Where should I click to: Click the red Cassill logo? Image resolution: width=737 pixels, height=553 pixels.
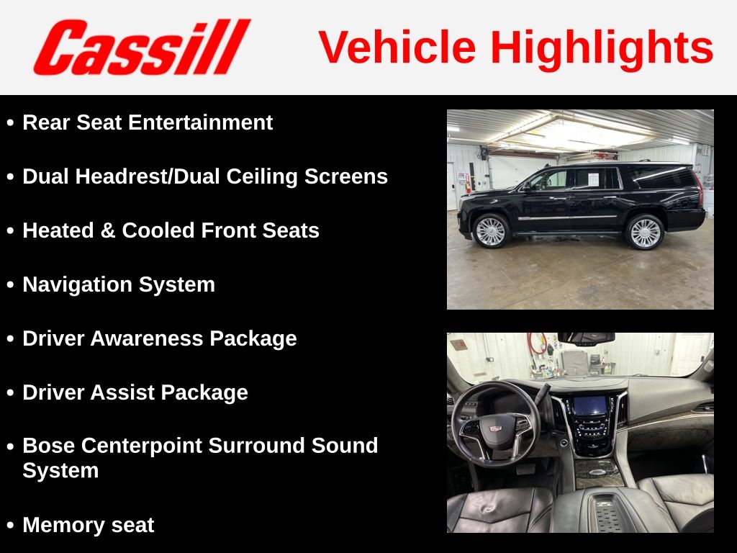click(142, 47)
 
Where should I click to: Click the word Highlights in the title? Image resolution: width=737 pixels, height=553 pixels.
click(602, 48)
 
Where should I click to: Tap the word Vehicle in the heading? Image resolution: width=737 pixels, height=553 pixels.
click(397, 48)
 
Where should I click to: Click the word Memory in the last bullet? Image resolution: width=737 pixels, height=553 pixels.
click(62, 525)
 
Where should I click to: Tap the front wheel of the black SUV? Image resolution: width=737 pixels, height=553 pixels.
click(492, 231)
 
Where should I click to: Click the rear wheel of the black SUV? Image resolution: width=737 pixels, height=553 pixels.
click(645, 232)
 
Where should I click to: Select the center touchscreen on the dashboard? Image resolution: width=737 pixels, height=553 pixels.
click(590, 405)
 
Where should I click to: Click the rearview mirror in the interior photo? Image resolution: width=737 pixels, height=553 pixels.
click(587, 338)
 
